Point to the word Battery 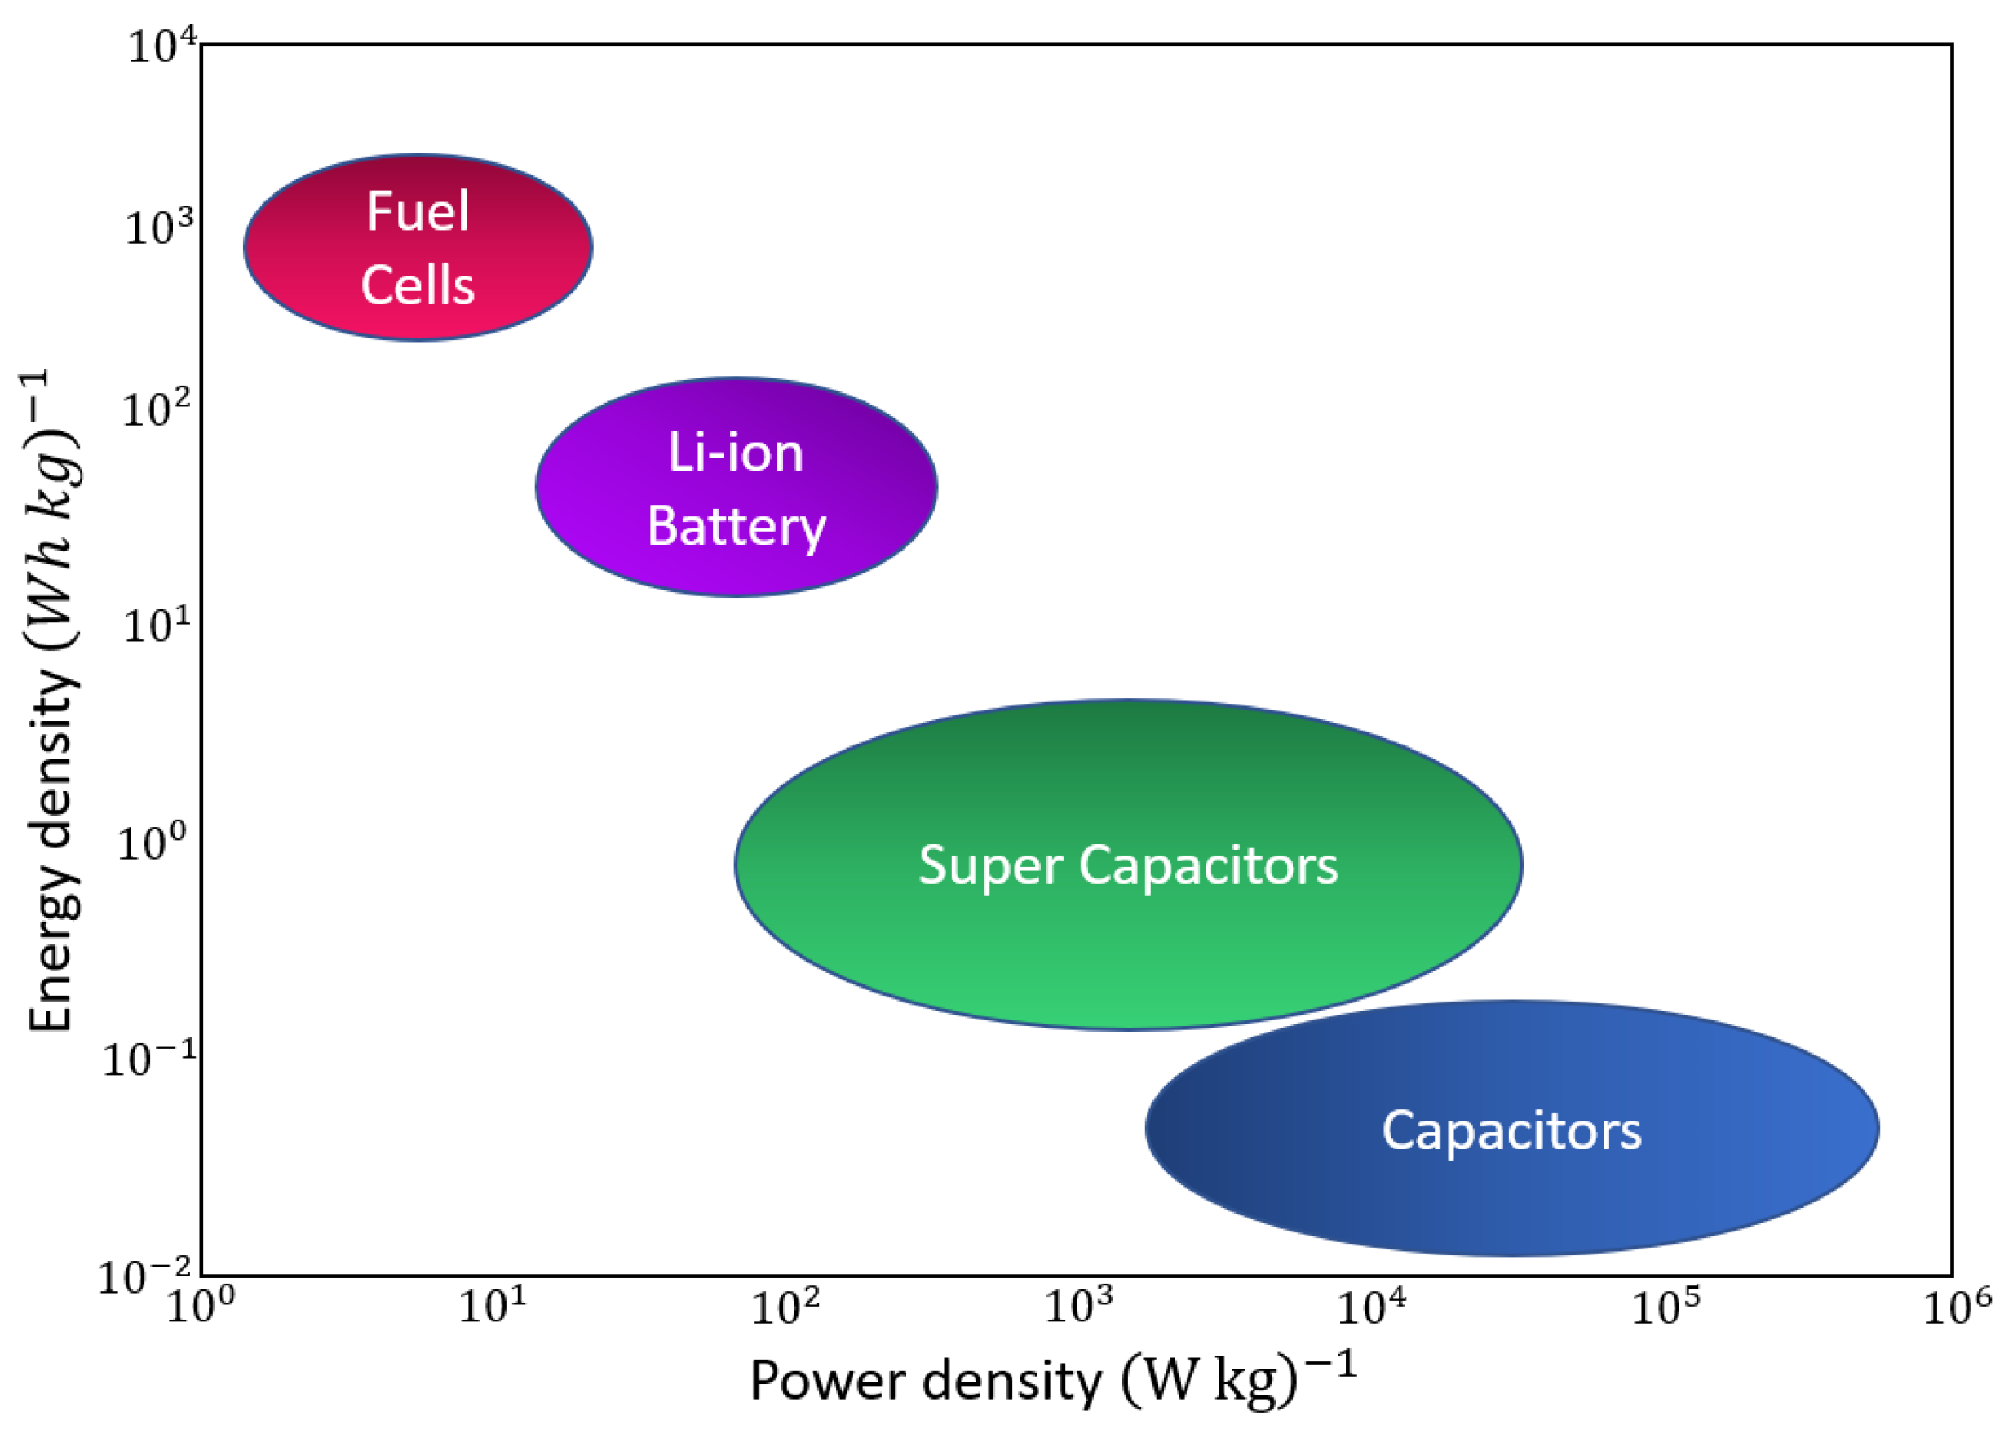click(x=736, y=528)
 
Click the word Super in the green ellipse click(x=989, y=865)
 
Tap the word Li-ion click(x=736, y=453)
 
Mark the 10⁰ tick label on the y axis click(x=153, y=843)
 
